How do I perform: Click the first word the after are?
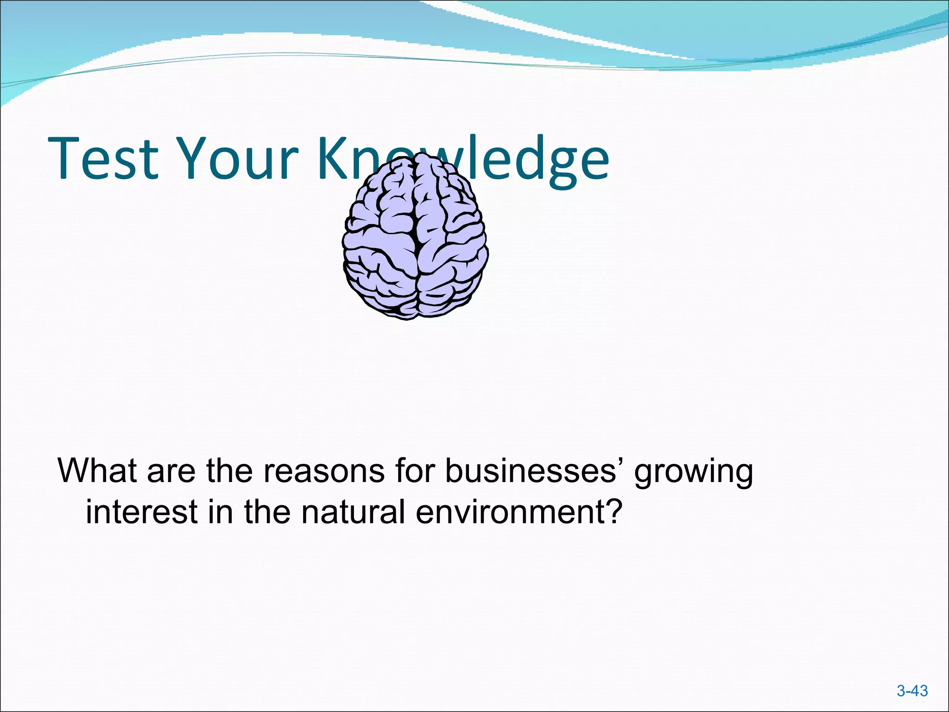229,470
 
